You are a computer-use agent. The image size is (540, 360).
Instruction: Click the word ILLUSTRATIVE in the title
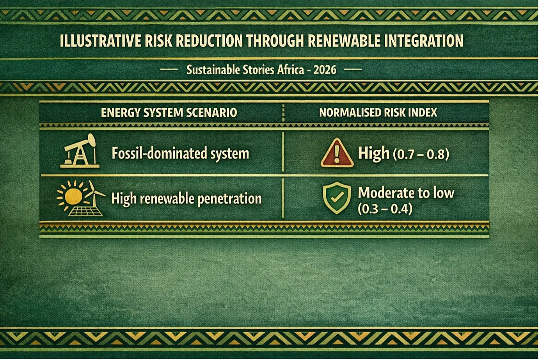coord(101,41)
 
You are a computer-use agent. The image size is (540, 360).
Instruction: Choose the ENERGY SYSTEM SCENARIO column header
coord(169,113)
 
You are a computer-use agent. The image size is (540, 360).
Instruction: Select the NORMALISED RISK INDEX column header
coord(378,113)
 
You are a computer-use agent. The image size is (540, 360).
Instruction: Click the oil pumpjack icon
coord(80,151)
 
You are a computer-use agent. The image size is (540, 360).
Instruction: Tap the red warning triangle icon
coord(337,153)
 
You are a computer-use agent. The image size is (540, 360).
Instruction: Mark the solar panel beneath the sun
coord(85,211)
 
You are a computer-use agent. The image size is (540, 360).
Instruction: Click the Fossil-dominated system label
coord(180,153)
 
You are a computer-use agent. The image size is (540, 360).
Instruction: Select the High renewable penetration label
coord(187,199)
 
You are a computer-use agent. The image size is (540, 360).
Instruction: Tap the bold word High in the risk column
coord(373,153)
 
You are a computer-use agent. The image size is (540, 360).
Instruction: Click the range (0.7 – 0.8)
coord(421,154)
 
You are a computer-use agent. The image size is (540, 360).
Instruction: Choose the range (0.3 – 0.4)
coord(385,209)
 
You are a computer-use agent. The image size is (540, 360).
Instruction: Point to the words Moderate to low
coord(406,193)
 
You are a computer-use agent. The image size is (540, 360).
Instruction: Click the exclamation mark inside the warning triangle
coord(337,154)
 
